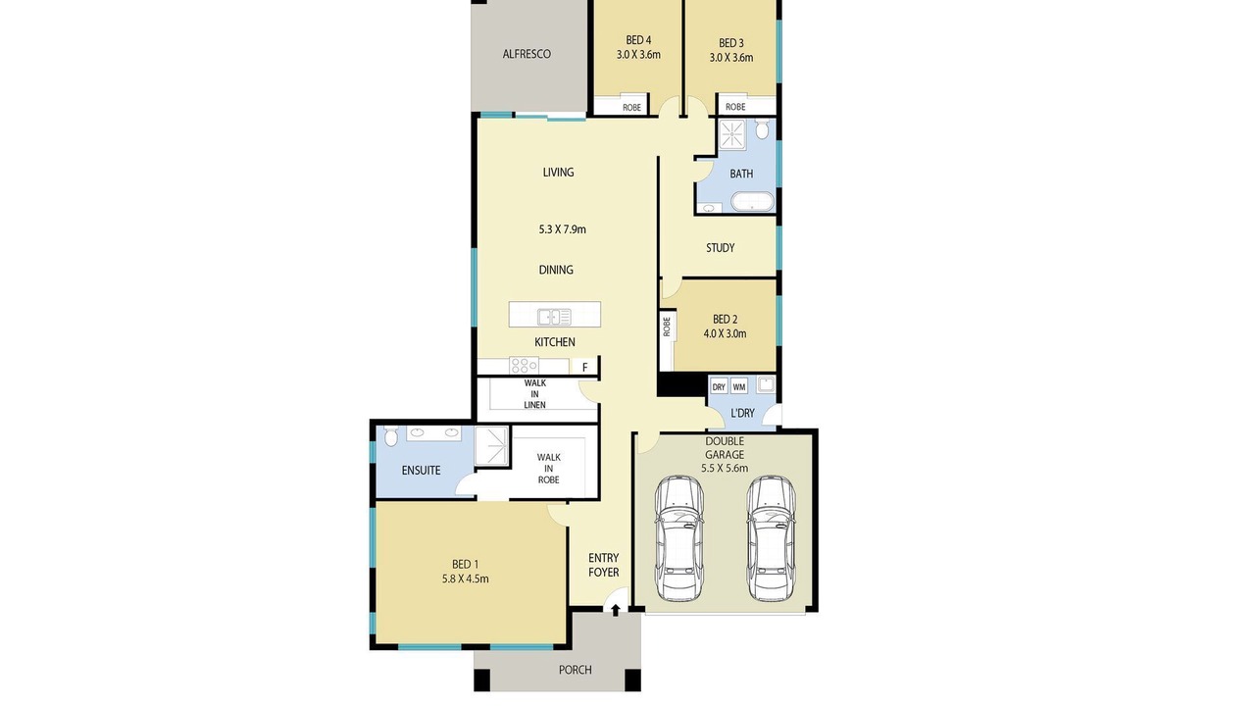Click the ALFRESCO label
527,54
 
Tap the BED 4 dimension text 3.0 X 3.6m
638,55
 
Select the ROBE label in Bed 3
735,107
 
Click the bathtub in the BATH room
752,202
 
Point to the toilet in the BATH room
762,128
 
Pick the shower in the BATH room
732,134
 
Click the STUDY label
720,248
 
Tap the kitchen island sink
554,317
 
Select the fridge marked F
584,367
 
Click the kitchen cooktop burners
524,366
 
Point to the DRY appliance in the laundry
719,386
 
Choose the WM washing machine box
739,386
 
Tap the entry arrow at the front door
615,610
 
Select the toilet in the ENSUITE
391,435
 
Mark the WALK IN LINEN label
535,394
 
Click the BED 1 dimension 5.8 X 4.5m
465,579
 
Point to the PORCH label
575,670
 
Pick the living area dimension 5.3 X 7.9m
562,229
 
